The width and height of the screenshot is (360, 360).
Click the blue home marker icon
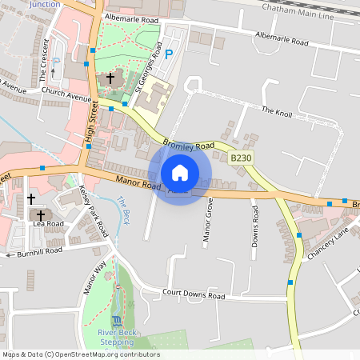pyautogui.click(x=180, y=173)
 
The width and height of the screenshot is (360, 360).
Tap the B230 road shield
pyautogui.click(x=241, y=158)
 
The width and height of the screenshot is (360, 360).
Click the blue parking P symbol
pyautogui.click(x=168, y=54)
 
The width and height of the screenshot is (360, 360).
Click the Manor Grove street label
pyautogui.click(x=207, y=220)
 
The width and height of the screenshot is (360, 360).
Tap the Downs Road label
pyautogui.click(x=255, y=225)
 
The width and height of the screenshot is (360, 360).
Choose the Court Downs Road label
pyautogui.click(x=194, y=294)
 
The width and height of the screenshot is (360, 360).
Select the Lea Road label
pyautogui.click(x=51, y=223)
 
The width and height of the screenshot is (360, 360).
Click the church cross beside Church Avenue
pyautogui.click(x=110, y=78)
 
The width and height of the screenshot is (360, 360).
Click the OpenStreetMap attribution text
pyautogui.click(x=81, y=354)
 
